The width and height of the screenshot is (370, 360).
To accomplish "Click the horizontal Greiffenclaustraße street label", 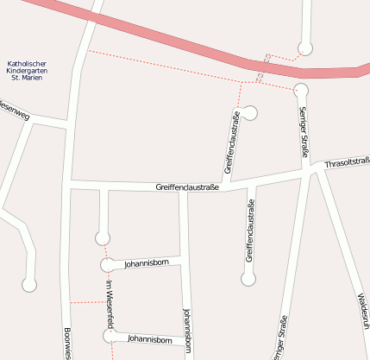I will pos(188,186).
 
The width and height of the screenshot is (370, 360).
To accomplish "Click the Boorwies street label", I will pos(67,343).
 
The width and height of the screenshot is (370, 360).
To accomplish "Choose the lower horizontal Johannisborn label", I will pos(147,340).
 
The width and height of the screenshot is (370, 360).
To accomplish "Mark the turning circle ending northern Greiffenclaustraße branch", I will pos(250,112).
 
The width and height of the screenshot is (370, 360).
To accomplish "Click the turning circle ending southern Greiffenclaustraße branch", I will pos(248,279).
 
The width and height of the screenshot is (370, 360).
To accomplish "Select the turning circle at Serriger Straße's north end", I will pos(301,90).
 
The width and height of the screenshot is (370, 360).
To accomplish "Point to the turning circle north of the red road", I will pos(304,48).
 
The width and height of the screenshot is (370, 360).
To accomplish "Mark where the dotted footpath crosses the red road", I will pos(263,67).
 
